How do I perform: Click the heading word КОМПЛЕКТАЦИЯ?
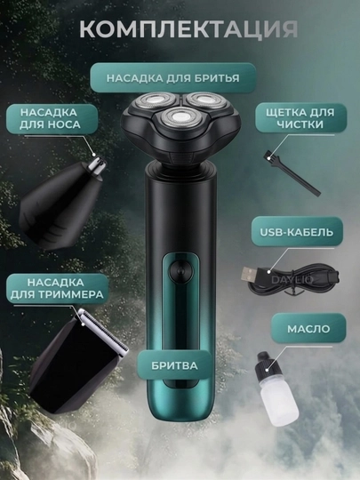click(188, 29)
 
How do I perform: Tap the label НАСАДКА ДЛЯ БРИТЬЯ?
click(173, 78)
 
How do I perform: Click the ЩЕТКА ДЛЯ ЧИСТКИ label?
click(300, 118)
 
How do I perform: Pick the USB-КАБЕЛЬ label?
click(297, 232)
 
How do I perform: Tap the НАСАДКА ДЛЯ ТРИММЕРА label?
click(57, 288)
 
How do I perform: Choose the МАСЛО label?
click(308, 329)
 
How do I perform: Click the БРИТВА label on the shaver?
click(174, 366)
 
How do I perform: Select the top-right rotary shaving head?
click(205, 100)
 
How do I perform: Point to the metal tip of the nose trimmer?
click(99, 164)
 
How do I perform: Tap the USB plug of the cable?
click(252, 274)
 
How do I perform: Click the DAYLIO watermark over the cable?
click(292, 279)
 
